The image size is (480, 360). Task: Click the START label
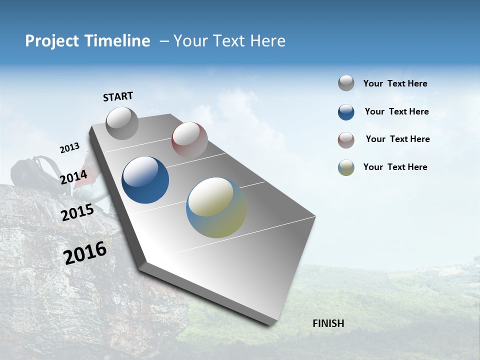[118, 96]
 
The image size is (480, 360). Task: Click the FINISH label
[328, 323]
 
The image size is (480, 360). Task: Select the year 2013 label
[69, 148]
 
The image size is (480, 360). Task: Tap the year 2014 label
[73, 177]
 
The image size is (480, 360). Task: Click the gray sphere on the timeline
[122, 123]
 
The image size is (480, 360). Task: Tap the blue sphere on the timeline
[145, 180]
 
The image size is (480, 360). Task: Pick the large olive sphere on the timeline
[216, 207]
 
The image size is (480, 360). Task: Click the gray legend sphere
[346, 83]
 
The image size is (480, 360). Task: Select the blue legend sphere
[346, 112]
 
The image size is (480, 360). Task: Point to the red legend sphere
[346, 140]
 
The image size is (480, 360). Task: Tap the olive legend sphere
[346, 167]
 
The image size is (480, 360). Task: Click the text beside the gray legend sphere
[395, 84]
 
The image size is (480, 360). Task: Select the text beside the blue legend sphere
[396, 112]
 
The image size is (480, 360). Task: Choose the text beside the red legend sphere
[397, 139]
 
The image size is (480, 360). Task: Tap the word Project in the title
[51, 41]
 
